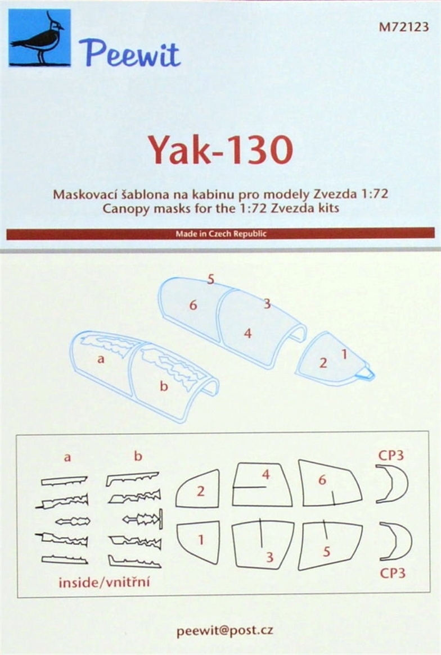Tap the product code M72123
pyautogui.click(x=404, y=27)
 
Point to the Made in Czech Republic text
pyautogui.click(x=220, y=234)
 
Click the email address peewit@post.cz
pyautogui.click(x=224, y=631)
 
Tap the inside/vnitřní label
pyautogui.click(x=103, y=583)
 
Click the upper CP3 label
pyautogui.click(x=391, y=455)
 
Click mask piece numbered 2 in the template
pyautogui.click(x=198, y=488)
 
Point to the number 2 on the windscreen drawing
pyautogui.click(x=323, y=362)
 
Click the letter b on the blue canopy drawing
pyautogui.click(x=164, y=385)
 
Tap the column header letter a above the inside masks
pyautogui.click(x=67, y=457)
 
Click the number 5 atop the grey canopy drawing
pyautogui.click(x=210, y=279)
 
